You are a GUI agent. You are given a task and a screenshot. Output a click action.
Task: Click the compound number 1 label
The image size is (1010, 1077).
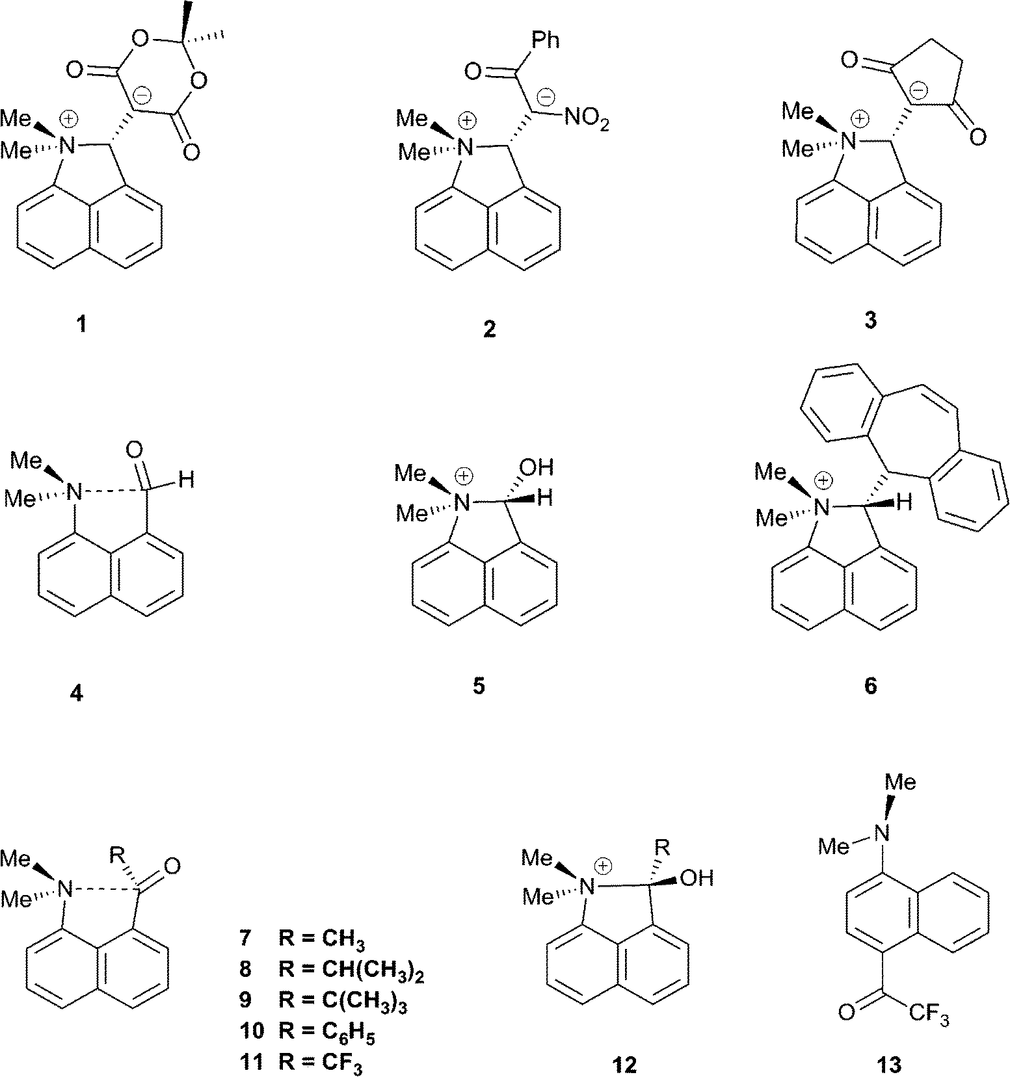(x=81, y=323)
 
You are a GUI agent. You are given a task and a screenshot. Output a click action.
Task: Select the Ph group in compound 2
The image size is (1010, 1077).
(x=544, y=40)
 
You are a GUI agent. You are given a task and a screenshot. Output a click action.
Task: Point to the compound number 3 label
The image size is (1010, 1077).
(x=870, y=320)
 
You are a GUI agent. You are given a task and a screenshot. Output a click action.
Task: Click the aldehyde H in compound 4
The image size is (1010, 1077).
(x=187, y=481)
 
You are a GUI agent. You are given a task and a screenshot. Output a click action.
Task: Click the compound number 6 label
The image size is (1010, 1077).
(x=870, y=686)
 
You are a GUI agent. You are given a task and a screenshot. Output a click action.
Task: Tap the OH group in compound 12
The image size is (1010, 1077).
(x=696, y=878)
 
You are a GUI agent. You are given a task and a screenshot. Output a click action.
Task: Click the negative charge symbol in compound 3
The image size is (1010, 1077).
(x=918, y=87)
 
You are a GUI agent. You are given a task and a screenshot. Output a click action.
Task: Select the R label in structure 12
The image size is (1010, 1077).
(x=662, y=846)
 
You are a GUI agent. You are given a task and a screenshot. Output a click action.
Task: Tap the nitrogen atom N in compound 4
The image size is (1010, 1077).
(x=76, y=492)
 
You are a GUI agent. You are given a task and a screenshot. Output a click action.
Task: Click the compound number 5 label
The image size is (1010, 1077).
(x=479, y=686)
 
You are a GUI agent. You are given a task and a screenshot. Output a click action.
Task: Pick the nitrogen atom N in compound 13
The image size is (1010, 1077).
(x=881, y=831)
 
